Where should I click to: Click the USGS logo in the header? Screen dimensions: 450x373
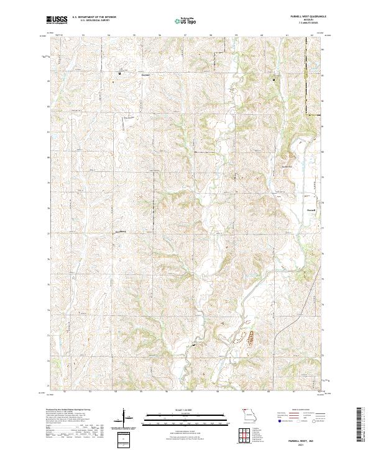pyautogui.click(x=56, y=20)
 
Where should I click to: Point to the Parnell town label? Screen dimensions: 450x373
pyautogui.click(x=313, y=210)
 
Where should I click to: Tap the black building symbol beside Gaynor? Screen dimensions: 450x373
pyautogui.click(x=120, y=73)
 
